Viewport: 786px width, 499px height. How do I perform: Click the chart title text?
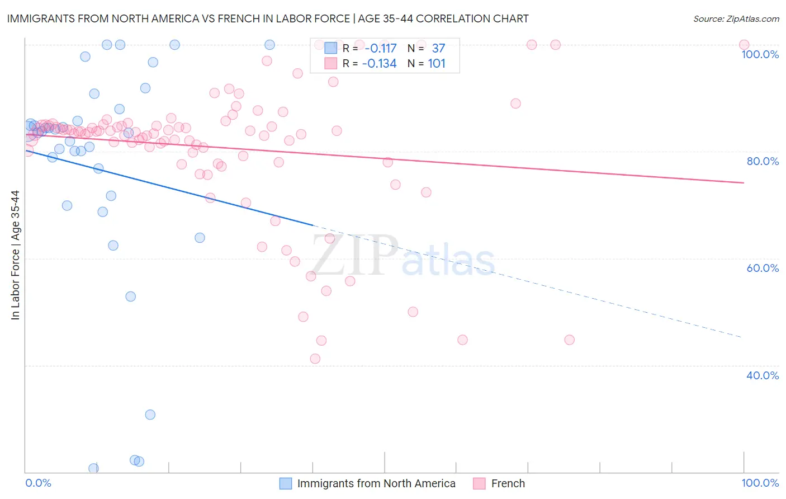pos(268,18)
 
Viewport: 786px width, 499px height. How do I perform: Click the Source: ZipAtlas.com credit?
pos(736,18)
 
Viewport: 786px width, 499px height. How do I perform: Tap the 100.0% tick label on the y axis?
pos(760,54)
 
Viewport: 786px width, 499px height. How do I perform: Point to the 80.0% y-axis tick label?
pos(763,161)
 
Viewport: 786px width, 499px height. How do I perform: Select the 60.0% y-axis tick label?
pos(763,268)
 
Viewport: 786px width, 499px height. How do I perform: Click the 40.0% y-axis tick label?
pos(763,375)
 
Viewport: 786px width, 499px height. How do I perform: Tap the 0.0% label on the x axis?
pos(38,483)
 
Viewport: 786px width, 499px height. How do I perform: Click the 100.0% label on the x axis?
pos(760,483)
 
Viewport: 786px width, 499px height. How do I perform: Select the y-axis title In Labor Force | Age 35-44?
pos(16,255)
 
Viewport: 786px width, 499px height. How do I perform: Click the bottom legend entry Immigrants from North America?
pos(376,483)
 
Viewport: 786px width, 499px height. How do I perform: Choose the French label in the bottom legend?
pos(508,483)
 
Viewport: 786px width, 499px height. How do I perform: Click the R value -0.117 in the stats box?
pos(379,48)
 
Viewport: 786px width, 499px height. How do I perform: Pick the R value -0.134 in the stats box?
pos(379,64)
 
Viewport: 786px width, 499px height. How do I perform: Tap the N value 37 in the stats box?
pos(438,48)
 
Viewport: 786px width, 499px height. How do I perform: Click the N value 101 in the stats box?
pos(437,64)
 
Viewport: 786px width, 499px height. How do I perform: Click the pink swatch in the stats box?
pos(331,64)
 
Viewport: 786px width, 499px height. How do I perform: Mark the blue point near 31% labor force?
pos(150,415)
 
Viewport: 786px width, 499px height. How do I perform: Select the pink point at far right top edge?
pos(744,45)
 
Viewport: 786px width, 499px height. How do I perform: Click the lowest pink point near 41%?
pos(315,359)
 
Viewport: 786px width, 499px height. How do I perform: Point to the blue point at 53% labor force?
pos(130,296)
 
